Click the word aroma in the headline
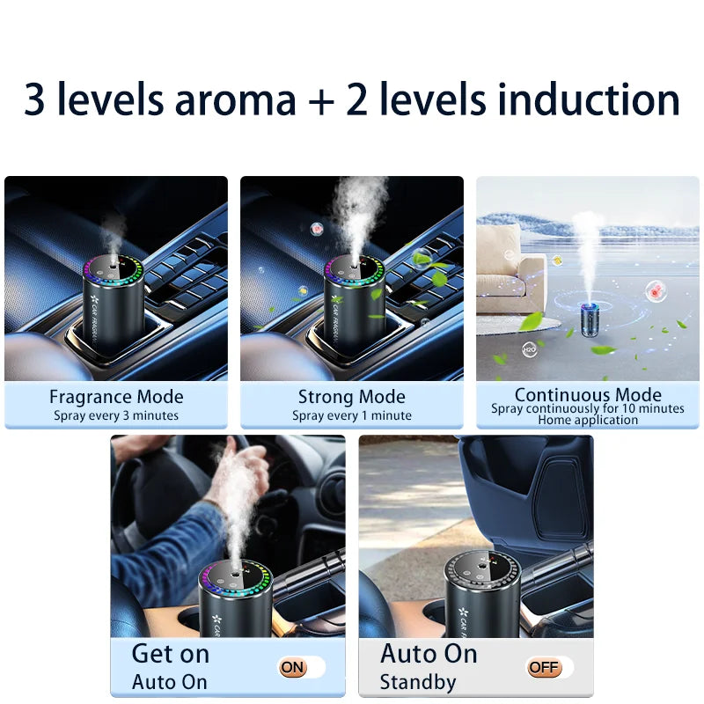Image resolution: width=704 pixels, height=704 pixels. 235,100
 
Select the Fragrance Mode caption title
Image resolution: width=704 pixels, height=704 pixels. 116,397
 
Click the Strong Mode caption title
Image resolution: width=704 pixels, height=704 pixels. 352,397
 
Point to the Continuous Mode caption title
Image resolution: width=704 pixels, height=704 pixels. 588,394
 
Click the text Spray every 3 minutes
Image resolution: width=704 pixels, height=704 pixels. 116,415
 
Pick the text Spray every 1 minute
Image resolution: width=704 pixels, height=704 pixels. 352,415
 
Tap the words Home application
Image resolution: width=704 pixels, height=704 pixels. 588,420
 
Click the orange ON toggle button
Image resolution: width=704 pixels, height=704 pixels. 293,668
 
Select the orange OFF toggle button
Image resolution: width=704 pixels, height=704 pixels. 544,668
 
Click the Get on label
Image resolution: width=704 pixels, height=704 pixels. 171,654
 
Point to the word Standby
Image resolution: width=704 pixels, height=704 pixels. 418,682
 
